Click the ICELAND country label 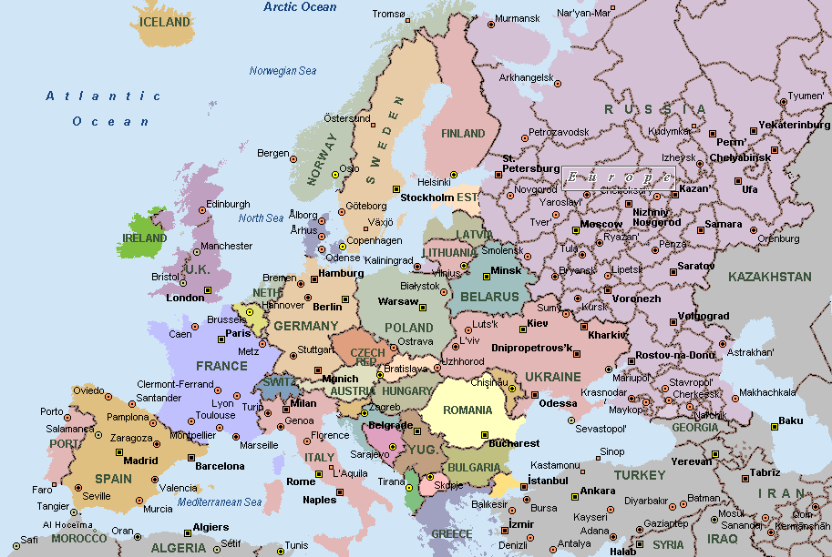coord(165,22)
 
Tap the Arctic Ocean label coord(300,7)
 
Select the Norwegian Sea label coord(282,71)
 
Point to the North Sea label coord(262,218)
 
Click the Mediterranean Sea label coord(220,502)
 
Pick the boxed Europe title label coord(619,177)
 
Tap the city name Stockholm coord(427,197)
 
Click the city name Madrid coord(140,461)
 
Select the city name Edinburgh coord(228,205)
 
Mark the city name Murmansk coord(518,19)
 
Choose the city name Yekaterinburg coord(795,125)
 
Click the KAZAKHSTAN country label coord(770,277)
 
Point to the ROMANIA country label coord(467,410)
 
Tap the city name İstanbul coord(548,480)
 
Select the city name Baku coord(791,420)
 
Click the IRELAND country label coord(143,238)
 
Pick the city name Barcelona coord(220,466)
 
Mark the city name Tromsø coord(388,14)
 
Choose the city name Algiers coord(211,527)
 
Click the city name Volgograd coord(704,317)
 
